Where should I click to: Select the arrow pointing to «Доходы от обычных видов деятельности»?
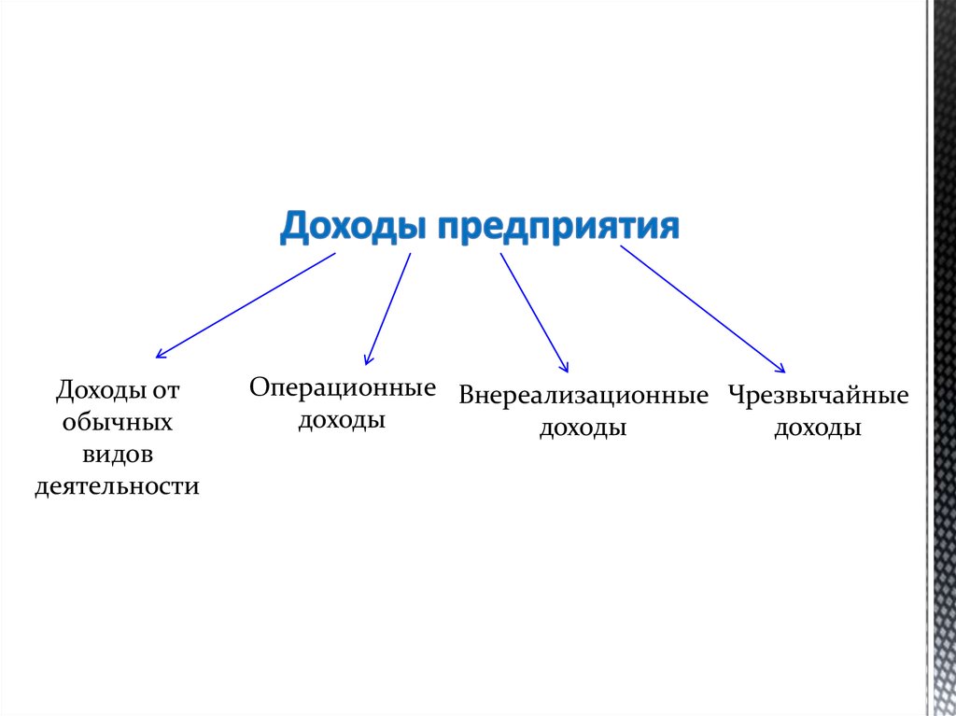[245, 305]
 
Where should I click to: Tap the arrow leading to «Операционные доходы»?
[388, 308]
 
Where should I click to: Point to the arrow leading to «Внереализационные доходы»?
[534, 313]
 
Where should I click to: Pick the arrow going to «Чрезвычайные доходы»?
[703, 309]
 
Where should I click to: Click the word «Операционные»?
[343, 388]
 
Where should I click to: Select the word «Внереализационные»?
[583, 396]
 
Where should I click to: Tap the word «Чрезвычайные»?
[819, 396]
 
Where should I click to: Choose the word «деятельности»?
[118, 486]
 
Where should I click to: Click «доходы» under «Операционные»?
[343, 421]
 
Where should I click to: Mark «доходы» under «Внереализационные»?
[583, 428]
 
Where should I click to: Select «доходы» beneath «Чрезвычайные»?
[819, 428]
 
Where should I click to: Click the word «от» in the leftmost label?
[165, 389]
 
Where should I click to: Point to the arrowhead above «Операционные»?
[369, 359]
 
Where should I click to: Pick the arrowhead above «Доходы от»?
[161, 354]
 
